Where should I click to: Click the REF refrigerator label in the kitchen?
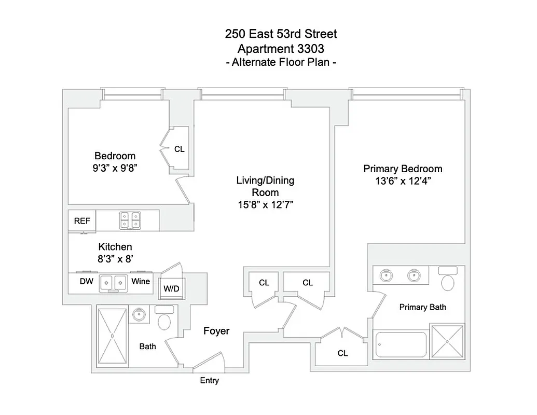[x=82, y=221]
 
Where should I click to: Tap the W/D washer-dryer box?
[x=171, y=288]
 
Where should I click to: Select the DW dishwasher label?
[x=86, y=282]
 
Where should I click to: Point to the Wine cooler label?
[x=141, y=282]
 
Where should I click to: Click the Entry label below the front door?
[x=210, y=381]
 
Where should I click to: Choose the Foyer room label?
[x=216, y=331]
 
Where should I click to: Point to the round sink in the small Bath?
[x=139, y=314]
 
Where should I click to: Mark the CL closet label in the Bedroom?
[x=179, y=149]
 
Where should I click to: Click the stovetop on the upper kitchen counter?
[x=130, y=220]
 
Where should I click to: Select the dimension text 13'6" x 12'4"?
[x=403, y=181]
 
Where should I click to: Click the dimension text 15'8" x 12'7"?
[x=265, y=204]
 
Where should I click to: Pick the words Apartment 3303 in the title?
[x=281, y=49]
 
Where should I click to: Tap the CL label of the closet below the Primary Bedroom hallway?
[x=342, y=354]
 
